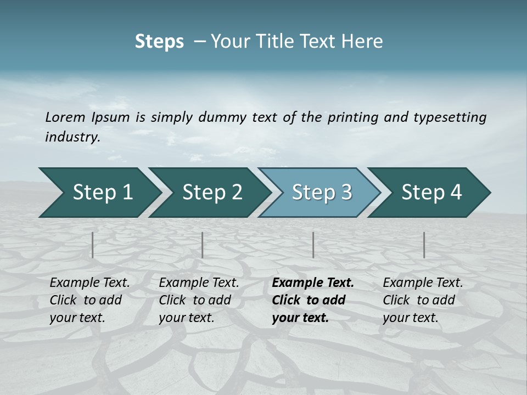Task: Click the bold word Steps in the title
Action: (159, 42)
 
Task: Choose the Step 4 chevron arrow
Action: (430, 193)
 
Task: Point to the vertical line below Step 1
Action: (93, 245)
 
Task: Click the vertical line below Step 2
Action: (203, 245)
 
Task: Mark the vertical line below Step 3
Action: (313, 245)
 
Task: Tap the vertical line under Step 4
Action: (424, 245)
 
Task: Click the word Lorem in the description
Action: (65, 117)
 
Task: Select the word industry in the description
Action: (72, 137)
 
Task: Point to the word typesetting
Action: (450, 117)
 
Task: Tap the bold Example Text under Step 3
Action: (313, 283)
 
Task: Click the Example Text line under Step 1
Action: (89, 283)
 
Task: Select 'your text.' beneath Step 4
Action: (410, 318)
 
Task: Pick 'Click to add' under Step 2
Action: (195, 301)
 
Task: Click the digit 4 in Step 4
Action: (456, 193)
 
